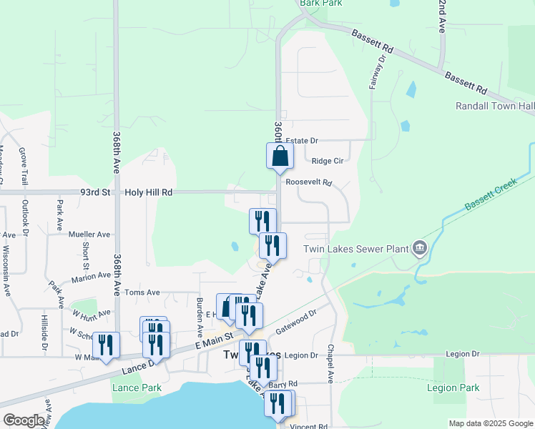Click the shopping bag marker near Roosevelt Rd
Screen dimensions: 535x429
point(280,157)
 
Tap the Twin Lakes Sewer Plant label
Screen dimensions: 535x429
point(355,249)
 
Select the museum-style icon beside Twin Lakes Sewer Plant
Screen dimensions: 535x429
point(419,249)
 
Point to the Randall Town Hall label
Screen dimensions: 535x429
point(495,106)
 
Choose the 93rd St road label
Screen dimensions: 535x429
point(96,192)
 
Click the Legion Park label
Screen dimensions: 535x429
point(452,388)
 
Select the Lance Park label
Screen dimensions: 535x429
point(136,388)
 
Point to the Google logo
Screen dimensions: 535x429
point(24,420)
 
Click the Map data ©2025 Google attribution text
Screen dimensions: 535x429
point(491,423)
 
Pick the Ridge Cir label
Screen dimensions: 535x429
point(328,161)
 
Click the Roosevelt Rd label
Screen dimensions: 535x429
point(309,182)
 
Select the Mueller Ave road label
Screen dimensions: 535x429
point(89,234)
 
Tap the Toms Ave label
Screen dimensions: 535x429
point(142,292)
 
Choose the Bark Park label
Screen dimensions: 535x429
point(321,3)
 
